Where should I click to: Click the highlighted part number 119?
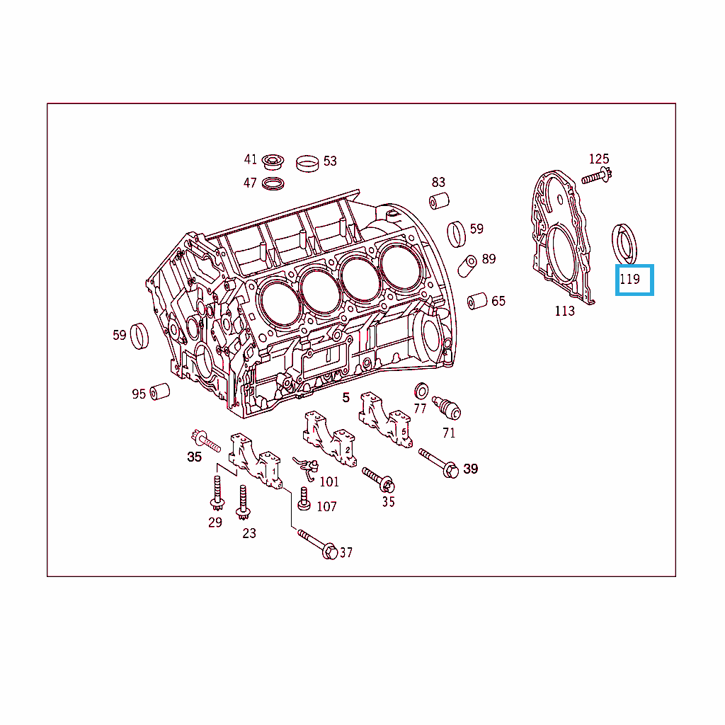[629, 279]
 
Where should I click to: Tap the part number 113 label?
[564, 311]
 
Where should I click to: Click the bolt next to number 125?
[596, 176]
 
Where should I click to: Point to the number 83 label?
[438, 182]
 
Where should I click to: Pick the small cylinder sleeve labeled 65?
[477, 301]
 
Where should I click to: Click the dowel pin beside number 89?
[467, 266]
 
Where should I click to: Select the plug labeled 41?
[273, 162]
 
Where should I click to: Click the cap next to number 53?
[307, 164]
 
